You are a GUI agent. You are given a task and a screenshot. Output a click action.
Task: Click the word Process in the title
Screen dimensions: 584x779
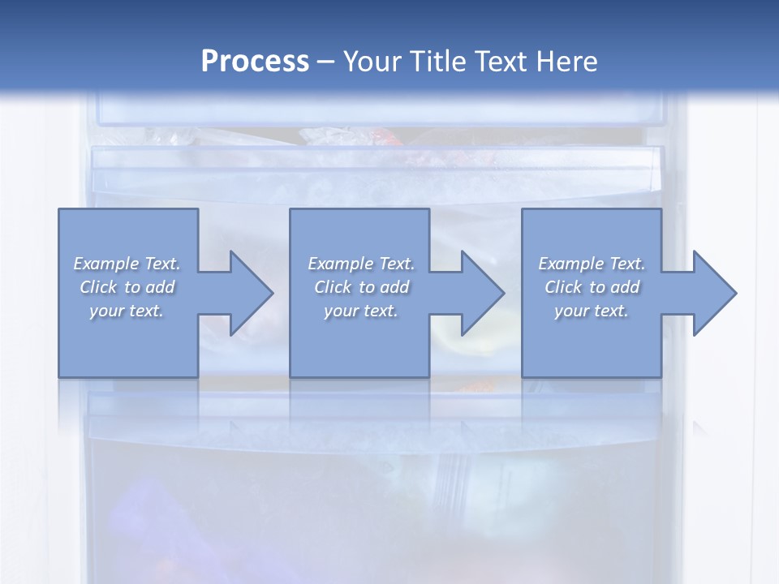[x=255, y=62]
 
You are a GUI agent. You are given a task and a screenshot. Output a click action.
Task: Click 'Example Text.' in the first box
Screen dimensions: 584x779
[x=127, y=264]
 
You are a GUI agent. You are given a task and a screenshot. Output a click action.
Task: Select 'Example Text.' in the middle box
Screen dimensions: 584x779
[x=361, y=264]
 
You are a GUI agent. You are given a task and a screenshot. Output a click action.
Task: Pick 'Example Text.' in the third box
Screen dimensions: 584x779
[x=592, y=264]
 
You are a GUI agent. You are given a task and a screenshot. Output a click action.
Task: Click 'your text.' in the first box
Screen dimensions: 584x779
[x=127, y=311]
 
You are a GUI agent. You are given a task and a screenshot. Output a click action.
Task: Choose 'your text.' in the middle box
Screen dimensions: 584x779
[x=361, y=311]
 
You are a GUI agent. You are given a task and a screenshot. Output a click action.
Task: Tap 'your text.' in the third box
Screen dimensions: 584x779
[x=592, y=311]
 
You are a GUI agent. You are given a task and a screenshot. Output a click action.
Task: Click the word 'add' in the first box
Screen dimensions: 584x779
[x=161, y=287]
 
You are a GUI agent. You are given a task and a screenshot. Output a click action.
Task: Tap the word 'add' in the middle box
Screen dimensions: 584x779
[x=395, y=287]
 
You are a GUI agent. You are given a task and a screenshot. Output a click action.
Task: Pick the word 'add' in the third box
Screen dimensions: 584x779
[x=626, y=287]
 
